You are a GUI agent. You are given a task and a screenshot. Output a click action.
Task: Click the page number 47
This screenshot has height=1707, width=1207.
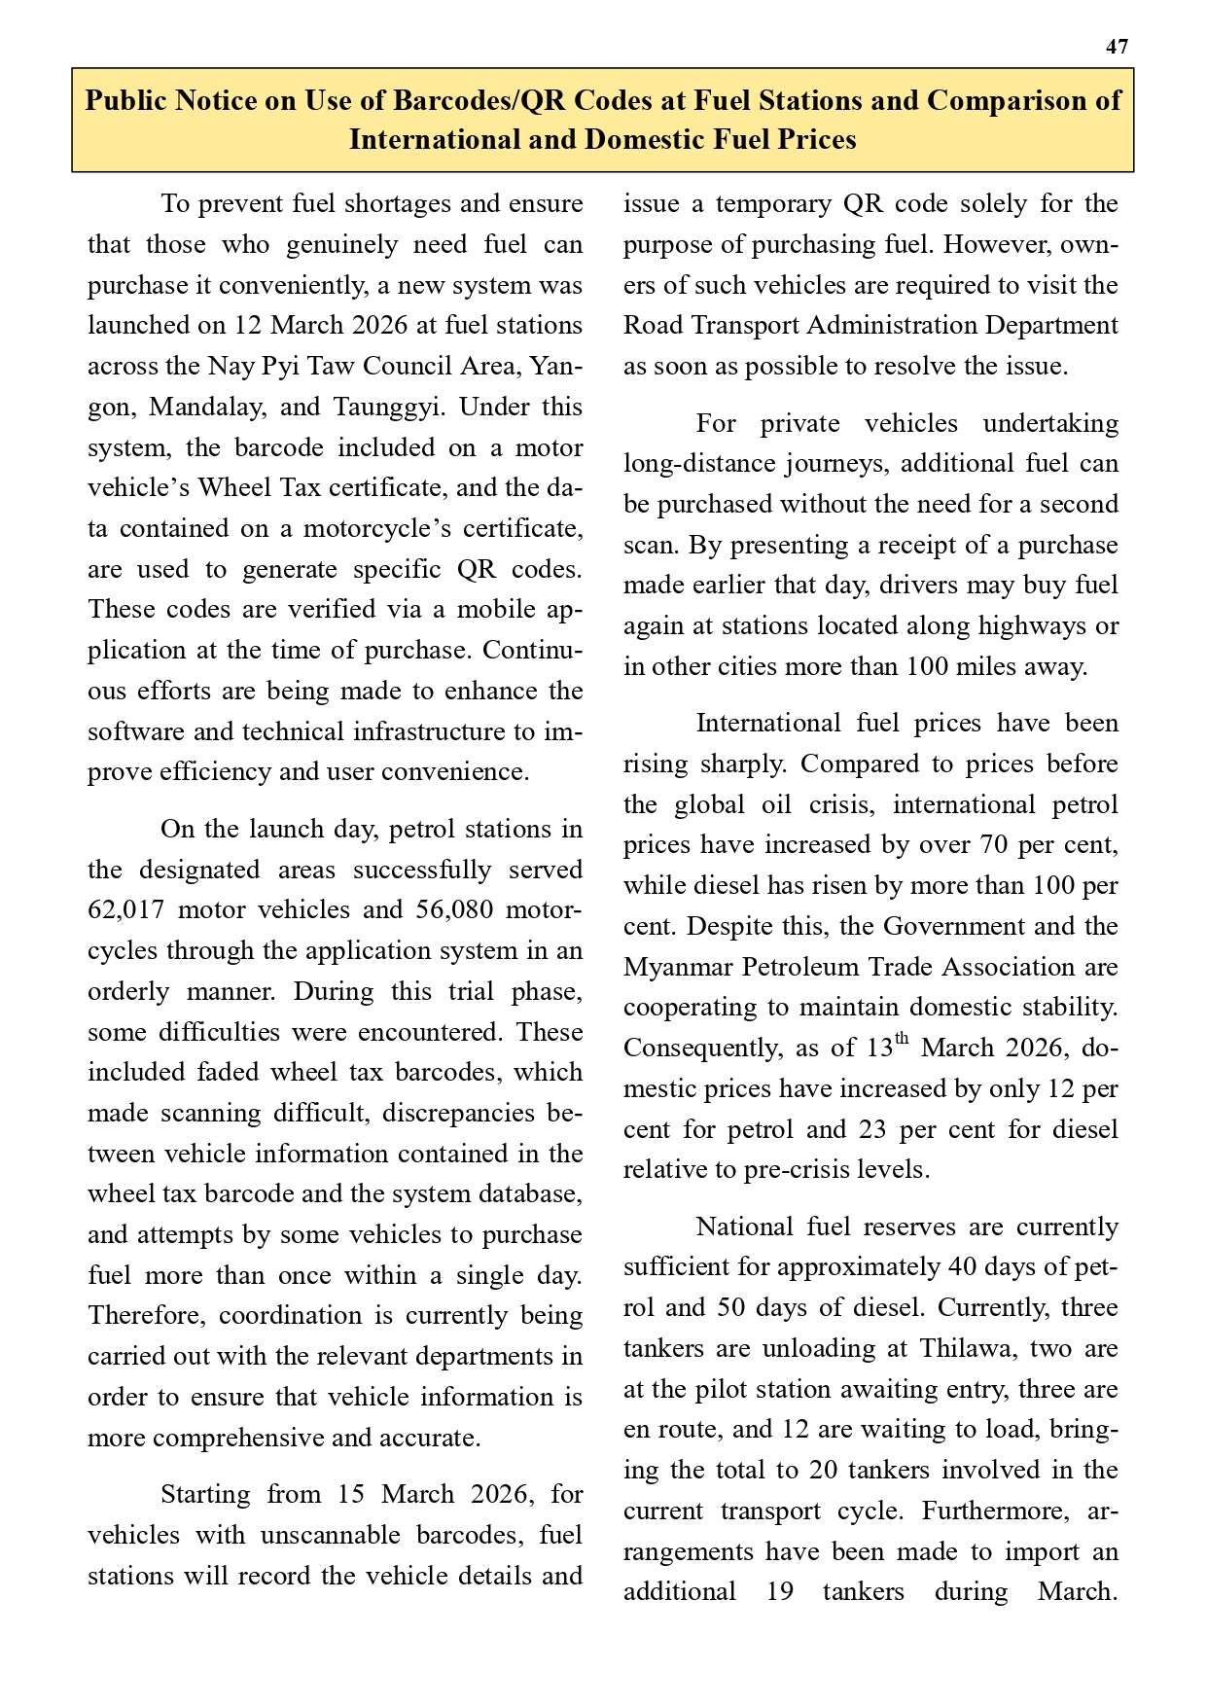pyautogui.click(x=1117, y=47)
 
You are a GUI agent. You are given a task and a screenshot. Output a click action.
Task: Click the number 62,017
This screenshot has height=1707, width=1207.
pyautogui.click(x=126, y=910)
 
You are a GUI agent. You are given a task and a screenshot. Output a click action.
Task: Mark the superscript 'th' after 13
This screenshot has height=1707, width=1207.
pyautogui.click(x=902, y=1040)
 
